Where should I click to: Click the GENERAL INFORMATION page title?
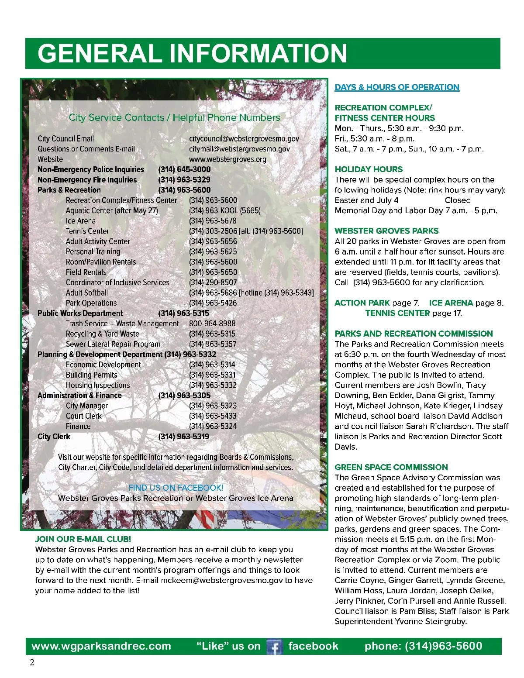tap(192, 53)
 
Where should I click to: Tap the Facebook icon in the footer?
tap(275, 647)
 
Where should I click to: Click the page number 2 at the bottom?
tap(31, 663)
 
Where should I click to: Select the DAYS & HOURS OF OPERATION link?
tap(397, 87)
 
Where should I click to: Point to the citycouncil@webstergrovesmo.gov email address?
tap(244, 139)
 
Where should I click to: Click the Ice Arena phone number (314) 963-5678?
tap(213, 221)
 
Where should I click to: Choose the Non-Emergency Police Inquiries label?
tap(91, 169)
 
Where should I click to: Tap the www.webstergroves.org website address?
tap(228, 159)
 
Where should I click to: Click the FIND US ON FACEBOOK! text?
tap(176, 488)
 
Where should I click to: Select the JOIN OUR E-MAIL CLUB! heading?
tap(83, 539)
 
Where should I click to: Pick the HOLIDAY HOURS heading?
tap(369, 169)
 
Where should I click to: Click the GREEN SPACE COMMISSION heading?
tap(391, 467)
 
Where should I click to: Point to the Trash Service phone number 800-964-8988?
tap(212, 324)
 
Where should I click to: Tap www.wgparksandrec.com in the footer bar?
tap(101, 646)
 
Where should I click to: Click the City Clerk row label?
tap(54, 437)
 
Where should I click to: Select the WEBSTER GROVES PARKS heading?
tap(386, 231)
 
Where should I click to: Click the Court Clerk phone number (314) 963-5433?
tap(213, 416)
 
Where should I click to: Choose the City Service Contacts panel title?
tap(174, 117)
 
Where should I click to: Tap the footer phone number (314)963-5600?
tap(423, 646)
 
